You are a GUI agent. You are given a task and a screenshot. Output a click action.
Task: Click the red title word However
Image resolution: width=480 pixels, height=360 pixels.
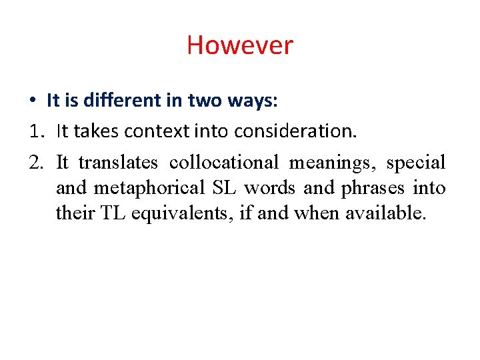click(x=239, y=45)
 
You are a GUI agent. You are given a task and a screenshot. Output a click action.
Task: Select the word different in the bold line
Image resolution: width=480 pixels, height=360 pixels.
click(x=115, y=101)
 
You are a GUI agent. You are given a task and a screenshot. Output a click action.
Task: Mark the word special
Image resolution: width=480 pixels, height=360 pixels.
click(x=415, y=163)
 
